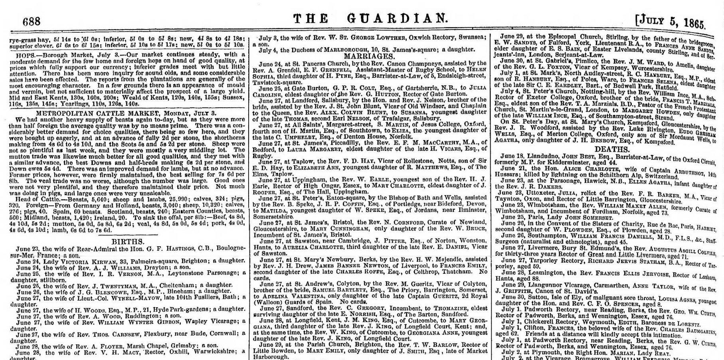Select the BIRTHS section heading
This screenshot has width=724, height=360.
click(x=128, y=242)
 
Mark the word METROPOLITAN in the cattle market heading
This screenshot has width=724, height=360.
click(x=60, y=113)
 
